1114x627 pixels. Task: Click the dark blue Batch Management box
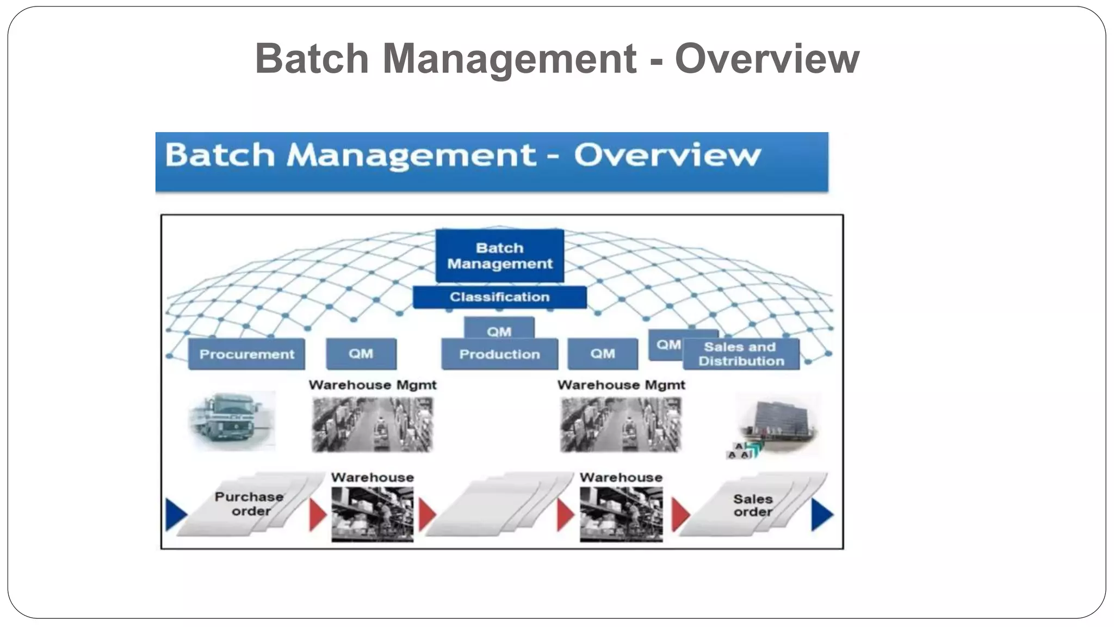(x=499, y=255)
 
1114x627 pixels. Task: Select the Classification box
(x=499, y=297)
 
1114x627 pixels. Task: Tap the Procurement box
(x=246, y=354)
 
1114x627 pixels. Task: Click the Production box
(x=499, y=354)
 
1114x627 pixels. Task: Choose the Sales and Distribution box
(x=741, y=354)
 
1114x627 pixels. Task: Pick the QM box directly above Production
(x=499, y=329)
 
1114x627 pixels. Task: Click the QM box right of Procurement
(x=361, y=354)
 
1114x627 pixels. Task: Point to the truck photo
(x=231, y=420)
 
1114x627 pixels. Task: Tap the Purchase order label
(x=250, y=504)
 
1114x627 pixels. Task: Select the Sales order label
(x=753, y=505)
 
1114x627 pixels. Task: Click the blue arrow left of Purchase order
(x=176, y=514)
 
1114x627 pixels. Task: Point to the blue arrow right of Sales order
(x=822, y=515)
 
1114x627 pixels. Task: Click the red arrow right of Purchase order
(x=317, y=514)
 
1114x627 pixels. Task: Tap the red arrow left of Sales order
(x=680, y=515)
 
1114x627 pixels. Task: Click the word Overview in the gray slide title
(x=767, y=58)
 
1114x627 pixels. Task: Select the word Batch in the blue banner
(x=220, y=155)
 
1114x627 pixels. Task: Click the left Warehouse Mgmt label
(x=373, y=385)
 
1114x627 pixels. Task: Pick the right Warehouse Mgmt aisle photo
(x=621, y=425)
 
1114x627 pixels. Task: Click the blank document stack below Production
(x=498, y=505)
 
